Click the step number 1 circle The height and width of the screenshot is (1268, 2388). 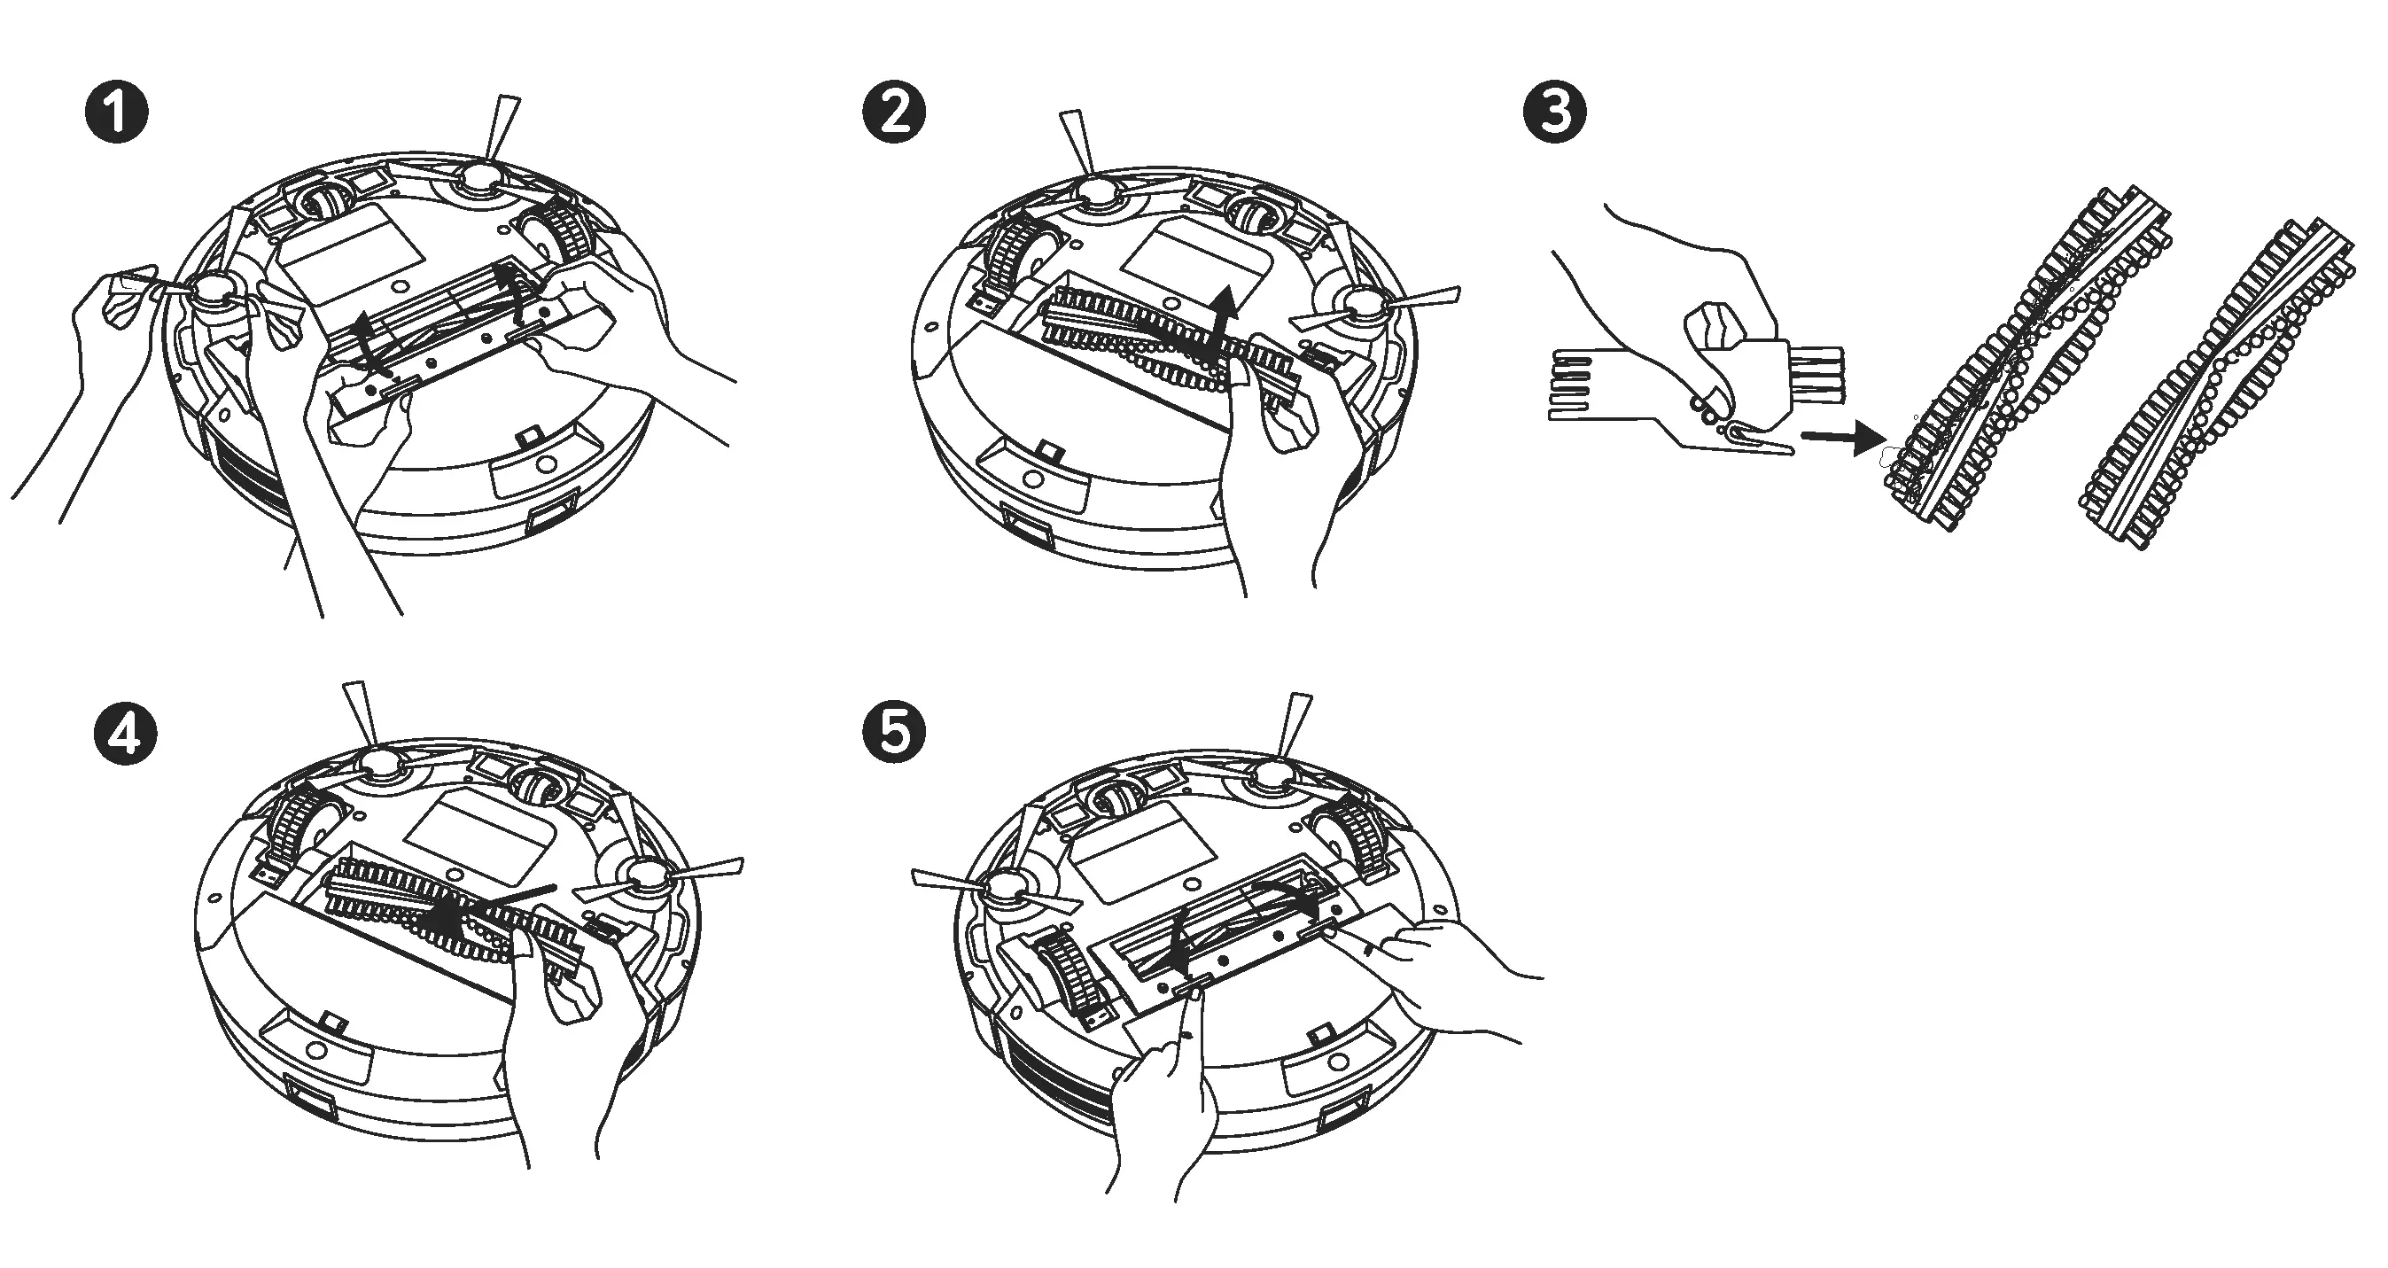(116, 113)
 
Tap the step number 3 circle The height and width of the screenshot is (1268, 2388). (1554, 113)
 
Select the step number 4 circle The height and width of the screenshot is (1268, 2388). (125, 733)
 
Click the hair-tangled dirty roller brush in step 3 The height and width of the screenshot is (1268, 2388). (2030, 362)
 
